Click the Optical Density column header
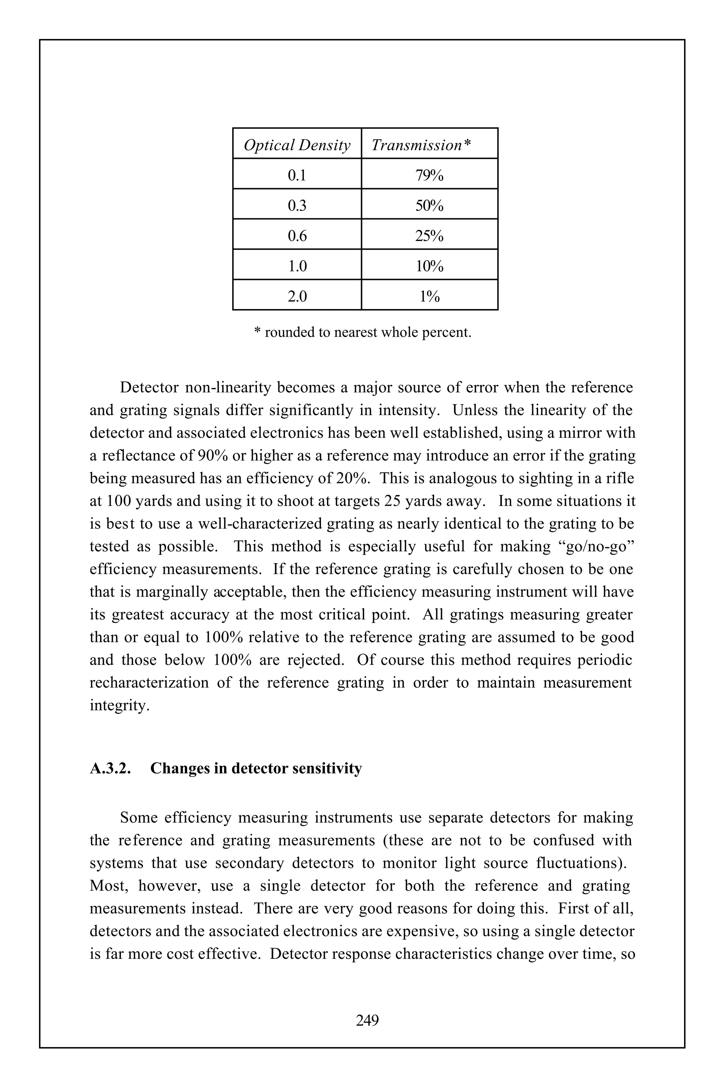click(297, 145)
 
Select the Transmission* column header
click(421, 145)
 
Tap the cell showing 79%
click(429, 176)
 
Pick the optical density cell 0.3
click(297, 206)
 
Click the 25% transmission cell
click(429, 236)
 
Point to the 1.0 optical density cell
click(297, 266)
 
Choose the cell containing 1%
click(429, 297)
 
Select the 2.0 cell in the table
click(297, 297)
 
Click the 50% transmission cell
click(429, 206)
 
